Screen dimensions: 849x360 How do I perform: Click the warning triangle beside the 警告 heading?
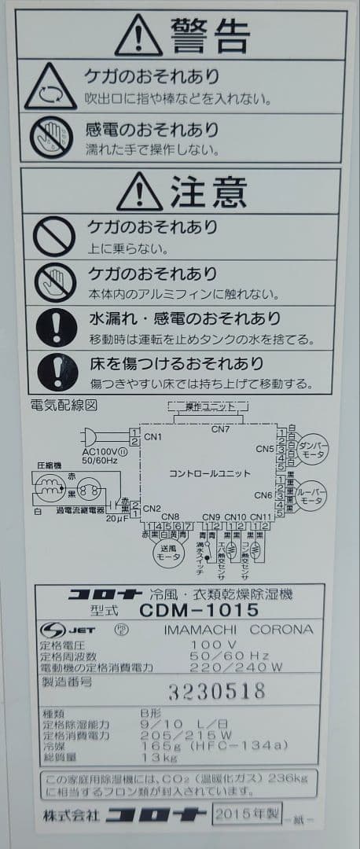(x=138, y=35)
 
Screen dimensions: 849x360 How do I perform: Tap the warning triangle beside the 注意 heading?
(x=139, y=190)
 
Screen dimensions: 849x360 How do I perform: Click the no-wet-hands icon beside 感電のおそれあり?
(x=51, y=136)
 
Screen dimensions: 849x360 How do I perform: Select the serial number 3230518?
(x=216, y=691)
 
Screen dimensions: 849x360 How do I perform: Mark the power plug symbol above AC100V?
(x=92, y=438)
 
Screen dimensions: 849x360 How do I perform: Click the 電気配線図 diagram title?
(x=63, y=406)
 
